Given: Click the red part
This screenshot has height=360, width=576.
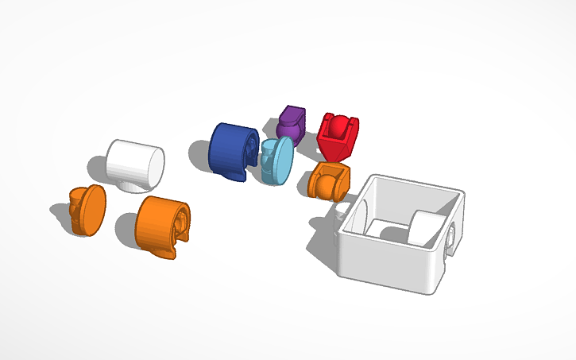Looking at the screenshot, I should [338, 135].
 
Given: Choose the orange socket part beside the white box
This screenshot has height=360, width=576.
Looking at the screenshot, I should [329, 180].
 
